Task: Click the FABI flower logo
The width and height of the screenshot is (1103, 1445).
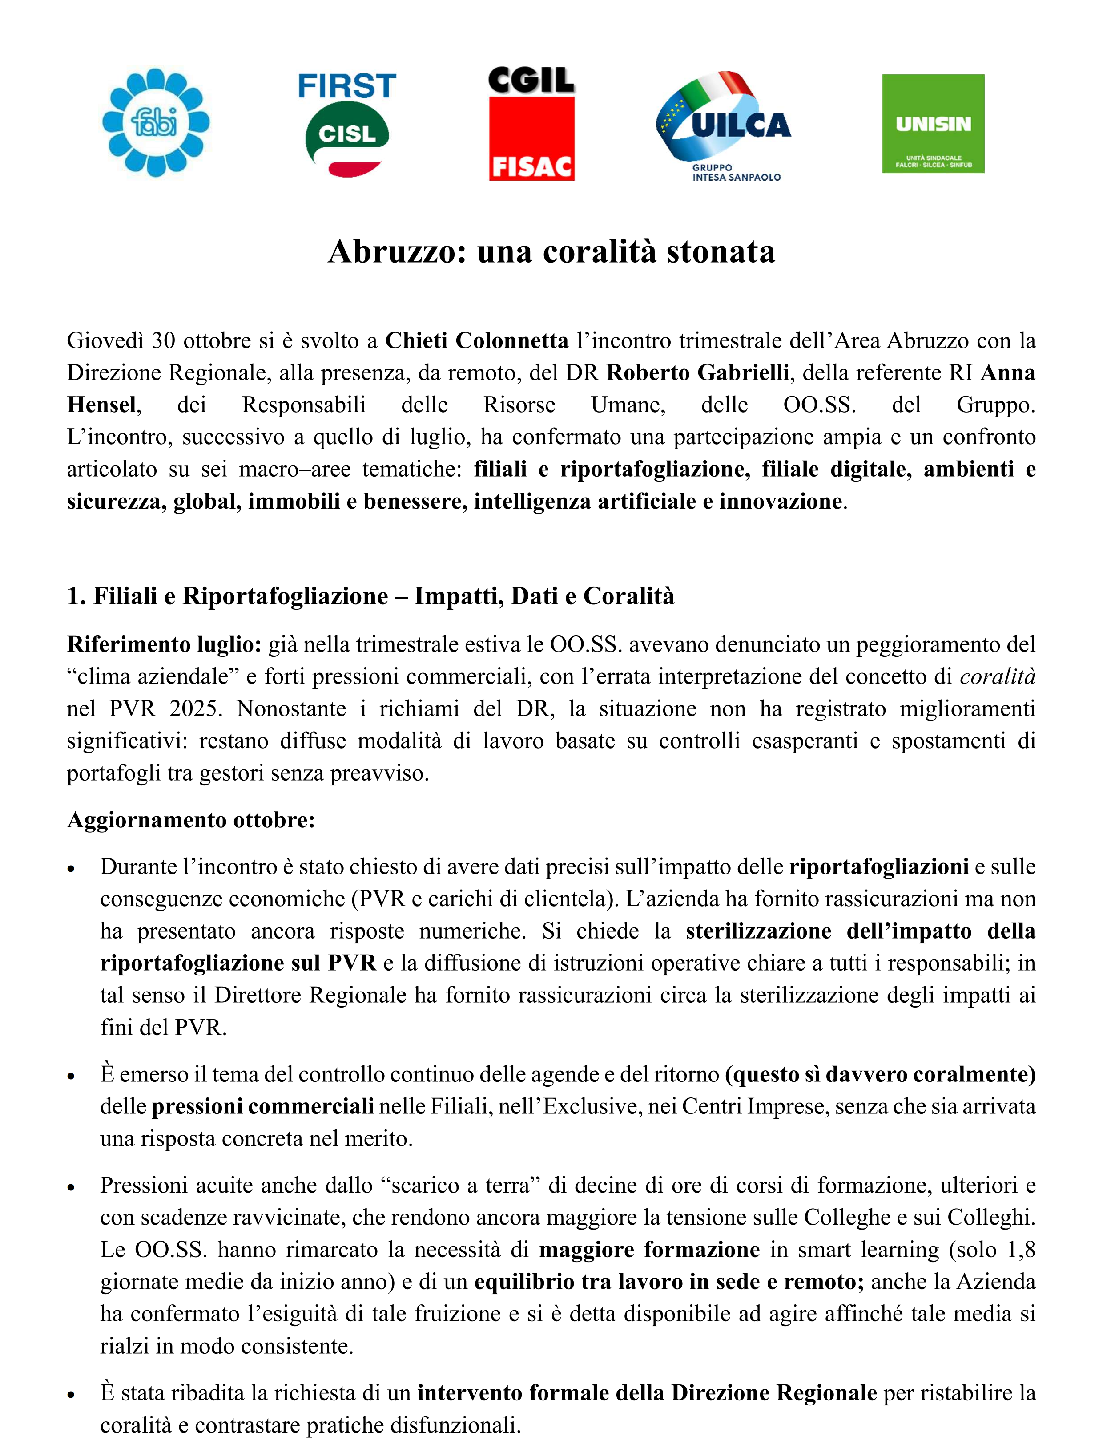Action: point(156,123)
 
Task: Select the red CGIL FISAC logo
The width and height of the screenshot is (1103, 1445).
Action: point(532,123)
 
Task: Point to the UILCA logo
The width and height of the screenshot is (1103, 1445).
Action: point(724,125)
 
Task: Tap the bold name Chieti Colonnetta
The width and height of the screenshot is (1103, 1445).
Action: point(477,340)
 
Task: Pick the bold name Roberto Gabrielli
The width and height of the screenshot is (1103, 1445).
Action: point(697,372)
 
